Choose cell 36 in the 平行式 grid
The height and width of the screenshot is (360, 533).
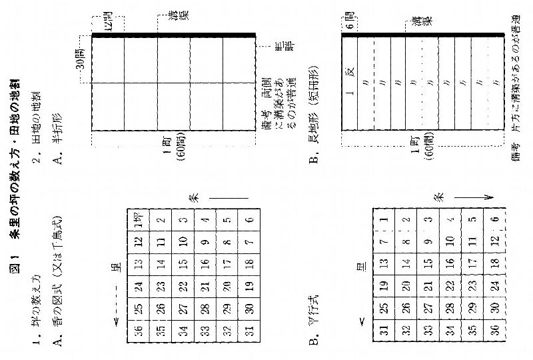(383, 331)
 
